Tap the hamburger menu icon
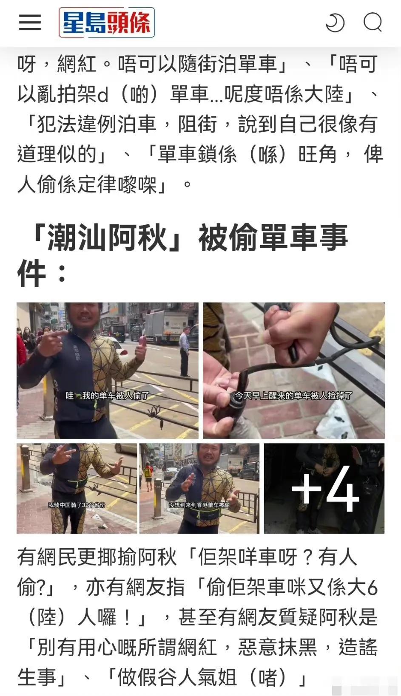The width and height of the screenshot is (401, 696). [30, 22]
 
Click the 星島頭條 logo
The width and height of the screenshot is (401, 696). [107, 22]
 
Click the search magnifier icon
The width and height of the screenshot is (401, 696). [373, 22]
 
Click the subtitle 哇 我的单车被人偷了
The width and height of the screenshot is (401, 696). [107, 396]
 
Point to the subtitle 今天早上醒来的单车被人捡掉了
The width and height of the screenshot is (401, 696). [293, 396]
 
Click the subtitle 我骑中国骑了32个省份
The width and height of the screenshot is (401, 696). [76, 505]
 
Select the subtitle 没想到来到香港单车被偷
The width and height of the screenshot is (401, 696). [199, 505]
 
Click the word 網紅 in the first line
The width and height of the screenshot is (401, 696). [77, 65]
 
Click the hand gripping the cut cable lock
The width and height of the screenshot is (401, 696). [293, 336]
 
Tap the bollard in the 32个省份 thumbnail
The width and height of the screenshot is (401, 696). [26, 467]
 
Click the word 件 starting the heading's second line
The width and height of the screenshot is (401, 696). [31, 273]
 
